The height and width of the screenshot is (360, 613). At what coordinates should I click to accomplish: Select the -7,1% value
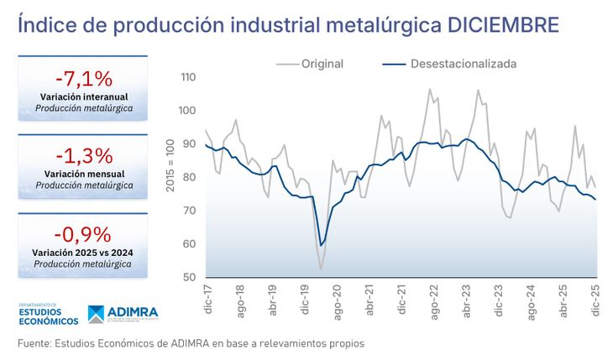pos(82,79)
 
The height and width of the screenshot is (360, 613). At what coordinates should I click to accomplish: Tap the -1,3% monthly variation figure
pos(82,155)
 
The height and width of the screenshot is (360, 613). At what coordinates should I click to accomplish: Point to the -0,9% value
pos(82,233)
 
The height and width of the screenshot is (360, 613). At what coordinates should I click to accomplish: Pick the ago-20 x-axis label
pos(337,302)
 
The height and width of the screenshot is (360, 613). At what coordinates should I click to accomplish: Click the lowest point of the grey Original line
pos(321,269)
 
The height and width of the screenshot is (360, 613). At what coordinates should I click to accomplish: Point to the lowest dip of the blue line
pos(320,245)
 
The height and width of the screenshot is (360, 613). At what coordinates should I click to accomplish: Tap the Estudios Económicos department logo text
pos(48,315)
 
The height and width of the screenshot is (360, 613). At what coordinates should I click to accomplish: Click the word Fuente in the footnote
pos(37,343)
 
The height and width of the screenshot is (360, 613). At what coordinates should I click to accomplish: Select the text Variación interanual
pos(82,97)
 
